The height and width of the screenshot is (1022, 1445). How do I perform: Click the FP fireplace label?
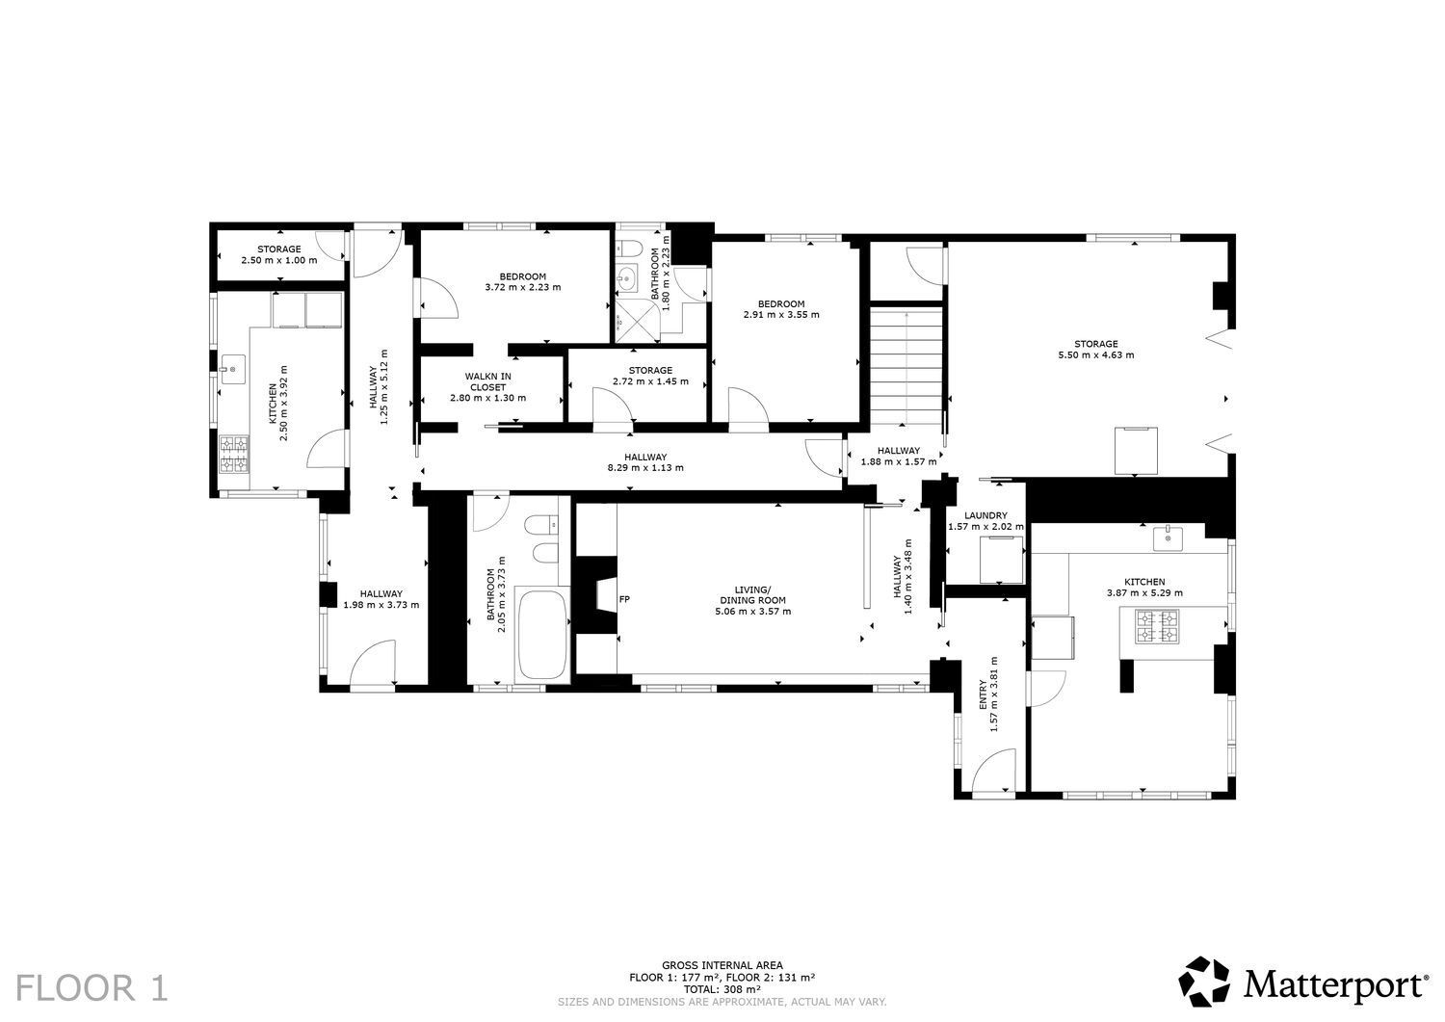point(624,599)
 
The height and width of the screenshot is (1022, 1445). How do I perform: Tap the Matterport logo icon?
point(1204,981)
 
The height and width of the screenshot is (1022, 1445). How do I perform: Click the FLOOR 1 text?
point(92,988)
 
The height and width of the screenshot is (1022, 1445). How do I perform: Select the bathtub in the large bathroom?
point(541,635)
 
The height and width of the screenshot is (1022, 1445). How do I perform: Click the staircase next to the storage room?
point(907,366)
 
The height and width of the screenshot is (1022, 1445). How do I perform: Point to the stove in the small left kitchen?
point(233,455)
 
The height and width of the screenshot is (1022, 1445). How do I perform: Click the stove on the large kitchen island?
point(1157,626)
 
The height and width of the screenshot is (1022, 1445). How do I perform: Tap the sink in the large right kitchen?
point(1168,538)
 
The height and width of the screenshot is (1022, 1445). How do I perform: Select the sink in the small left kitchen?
point(233,369)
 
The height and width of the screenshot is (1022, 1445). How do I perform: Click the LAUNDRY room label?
point(985,515)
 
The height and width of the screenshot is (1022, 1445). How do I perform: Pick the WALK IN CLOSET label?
point(487,382)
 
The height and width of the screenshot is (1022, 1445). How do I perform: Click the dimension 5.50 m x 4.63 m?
point(1096,354)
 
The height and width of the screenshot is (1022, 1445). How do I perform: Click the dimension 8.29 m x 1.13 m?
point(645,468)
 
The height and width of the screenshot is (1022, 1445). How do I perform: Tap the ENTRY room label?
point(983,694)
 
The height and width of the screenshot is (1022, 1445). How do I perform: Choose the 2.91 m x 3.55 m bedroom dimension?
point(781,315)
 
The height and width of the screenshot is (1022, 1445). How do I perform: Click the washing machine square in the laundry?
point(1001,560)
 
